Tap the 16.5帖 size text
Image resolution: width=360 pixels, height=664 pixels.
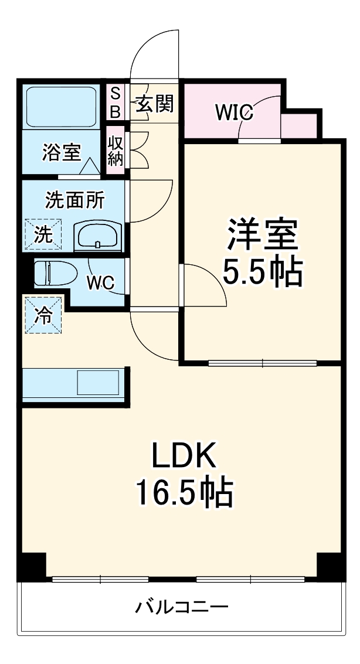click(185, 493)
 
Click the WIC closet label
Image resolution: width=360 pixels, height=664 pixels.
click(233, 111)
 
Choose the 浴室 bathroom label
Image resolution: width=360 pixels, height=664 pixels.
click(61, 153)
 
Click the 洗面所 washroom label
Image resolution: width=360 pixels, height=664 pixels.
click(75, 200)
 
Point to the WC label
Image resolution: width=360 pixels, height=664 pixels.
click(100, 282)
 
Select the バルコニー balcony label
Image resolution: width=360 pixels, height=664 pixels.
click(182, 607)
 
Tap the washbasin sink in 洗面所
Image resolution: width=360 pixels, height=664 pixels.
click(98, 237)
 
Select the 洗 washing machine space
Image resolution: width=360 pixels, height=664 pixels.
click(43, 234)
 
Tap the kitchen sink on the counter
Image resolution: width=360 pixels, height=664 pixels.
click(99, 383)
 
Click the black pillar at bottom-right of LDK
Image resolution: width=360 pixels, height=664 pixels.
click(329, 565)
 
